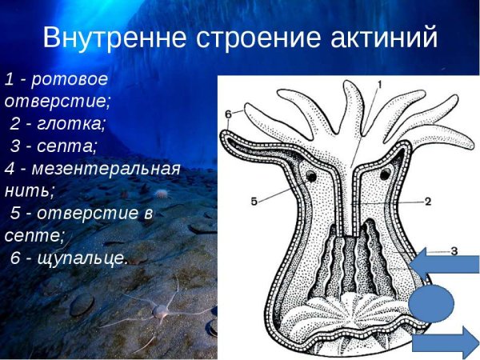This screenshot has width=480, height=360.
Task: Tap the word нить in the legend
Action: coord(28,191)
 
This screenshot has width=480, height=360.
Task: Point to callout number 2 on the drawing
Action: coord(428,202)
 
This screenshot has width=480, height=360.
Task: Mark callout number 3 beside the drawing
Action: coord(454,251)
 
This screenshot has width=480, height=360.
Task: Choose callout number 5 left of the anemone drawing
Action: coord(254,202)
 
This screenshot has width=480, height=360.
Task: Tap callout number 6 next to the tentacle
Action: coord(228,115)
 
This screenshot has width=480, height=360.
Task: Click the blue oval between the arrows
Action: coord(432,303)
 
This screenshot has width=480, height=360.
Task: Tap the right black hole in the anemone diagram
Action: coord(387,173)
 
